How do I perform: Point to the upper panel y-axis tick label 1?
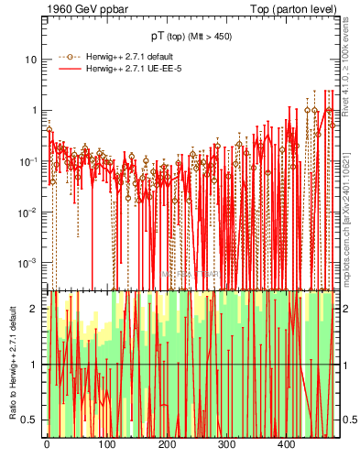coord(35,110)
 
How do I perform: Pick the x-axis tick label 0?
coord(47,444)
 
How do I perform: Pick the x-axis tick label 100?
coord(106,444)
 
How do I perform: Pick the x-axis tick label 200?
coord(167,444)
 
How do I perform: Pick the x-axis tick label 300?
coord(226,444)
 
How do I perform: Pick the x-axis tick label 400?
coord(286,444)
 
